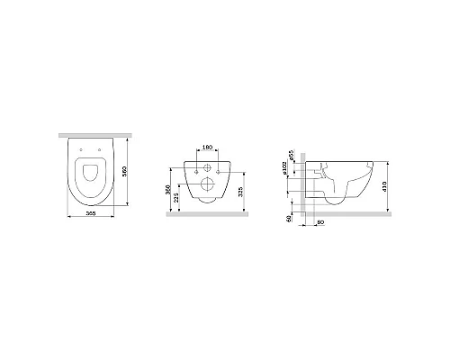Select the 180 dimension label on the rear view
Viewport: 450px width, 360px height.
(x=206, y=147)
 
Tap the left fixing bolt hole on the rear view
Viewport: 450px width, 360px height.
(x=193, y=166)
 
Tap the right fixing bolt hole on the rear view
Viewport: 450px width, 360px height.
(x=221, y=166)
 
